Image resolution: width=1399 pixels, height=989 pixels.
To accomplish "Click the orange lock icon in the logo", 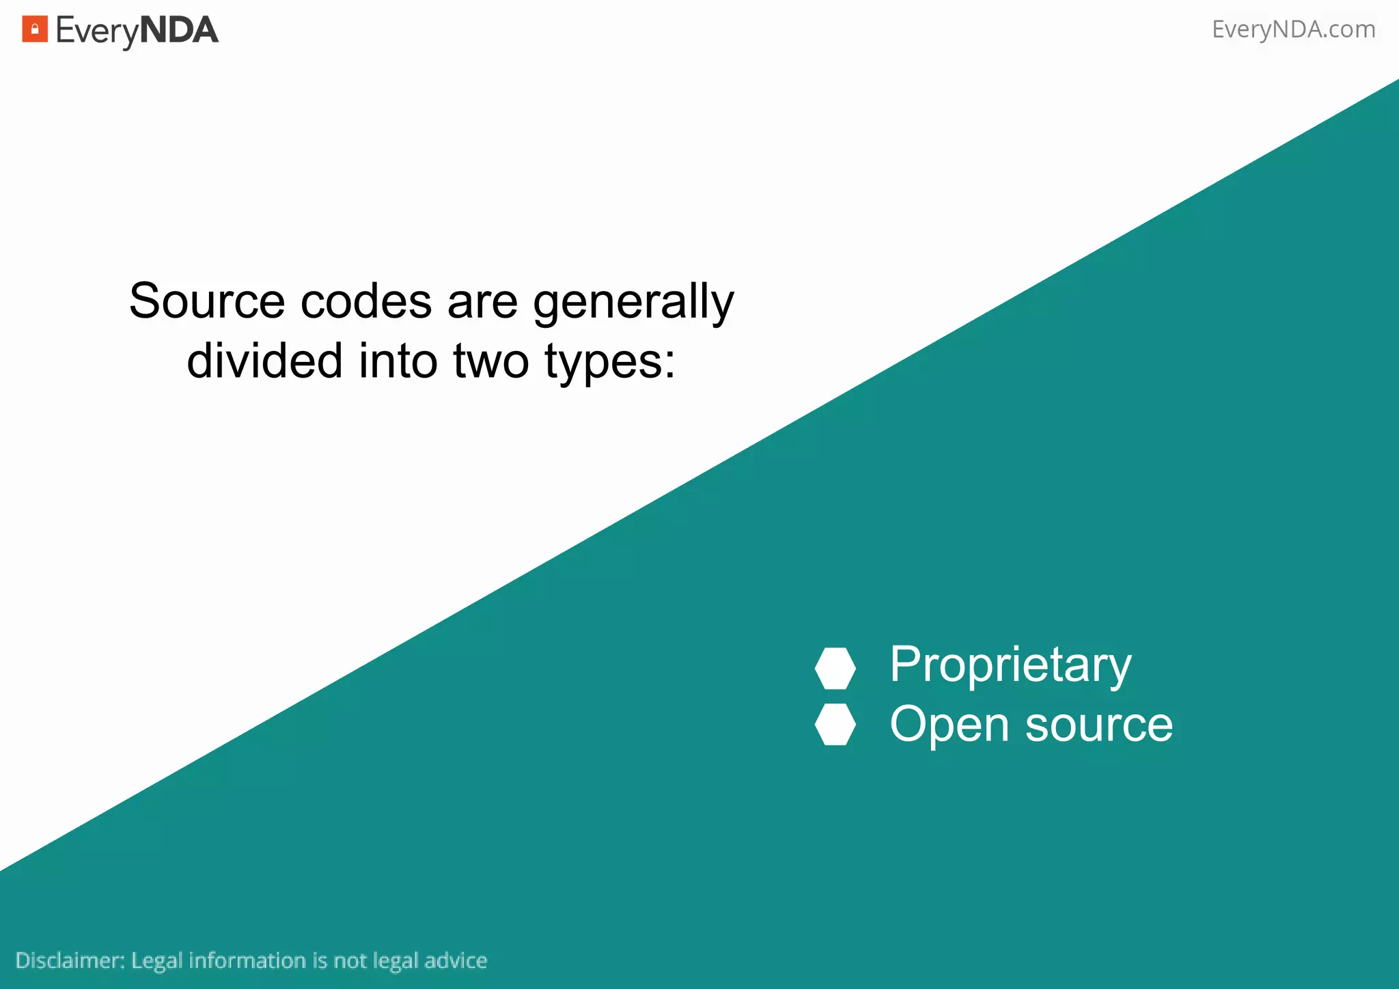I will tap(35, 29).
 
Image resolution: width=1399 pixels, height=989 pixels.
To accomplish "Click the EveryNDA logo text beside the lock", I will tap(137, 31).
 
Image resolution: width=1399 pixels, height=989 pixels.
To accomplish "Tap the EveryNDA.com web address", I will tap(1293, 29).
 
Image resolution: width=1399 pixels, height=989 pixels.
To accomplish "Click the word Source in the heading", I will tap(206, 301).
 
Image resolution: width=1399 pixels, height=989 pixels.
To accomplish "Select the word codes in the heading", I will tap(366, 301).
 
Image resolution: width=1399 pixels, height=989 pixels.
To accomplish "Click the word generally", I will tap(633, 303).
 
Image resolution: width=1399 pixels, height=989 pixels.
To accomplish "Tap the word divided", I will tap(264, 361).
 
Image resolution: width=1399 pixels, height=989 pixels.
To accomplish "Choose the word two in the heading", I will tap(490, 361).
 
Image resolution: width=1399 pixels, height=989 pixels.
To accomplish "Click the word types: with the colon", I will tap(609, 362).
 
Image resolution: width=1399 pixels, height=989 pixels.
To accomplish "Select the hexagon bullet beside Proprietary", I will tap(835, 668).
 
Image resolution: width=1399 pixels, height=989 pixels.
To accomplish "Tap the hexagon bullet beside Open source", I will tap(835, 724).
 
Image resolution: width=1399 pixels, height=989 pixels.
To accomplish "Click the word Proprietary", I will tap(1010, 665).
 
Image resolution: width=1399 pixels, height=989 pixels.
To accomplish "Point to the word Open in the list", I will tap(949, 725).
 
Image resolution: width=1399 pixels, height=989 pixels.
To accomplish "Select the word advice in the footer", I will tap(456, 960).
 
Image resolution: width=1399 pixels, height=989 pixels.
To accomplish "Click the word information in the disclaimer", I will tap(247, 960).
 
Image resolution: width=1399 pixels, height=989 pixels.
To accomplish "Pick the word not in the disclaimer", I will tap(350, 960).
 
